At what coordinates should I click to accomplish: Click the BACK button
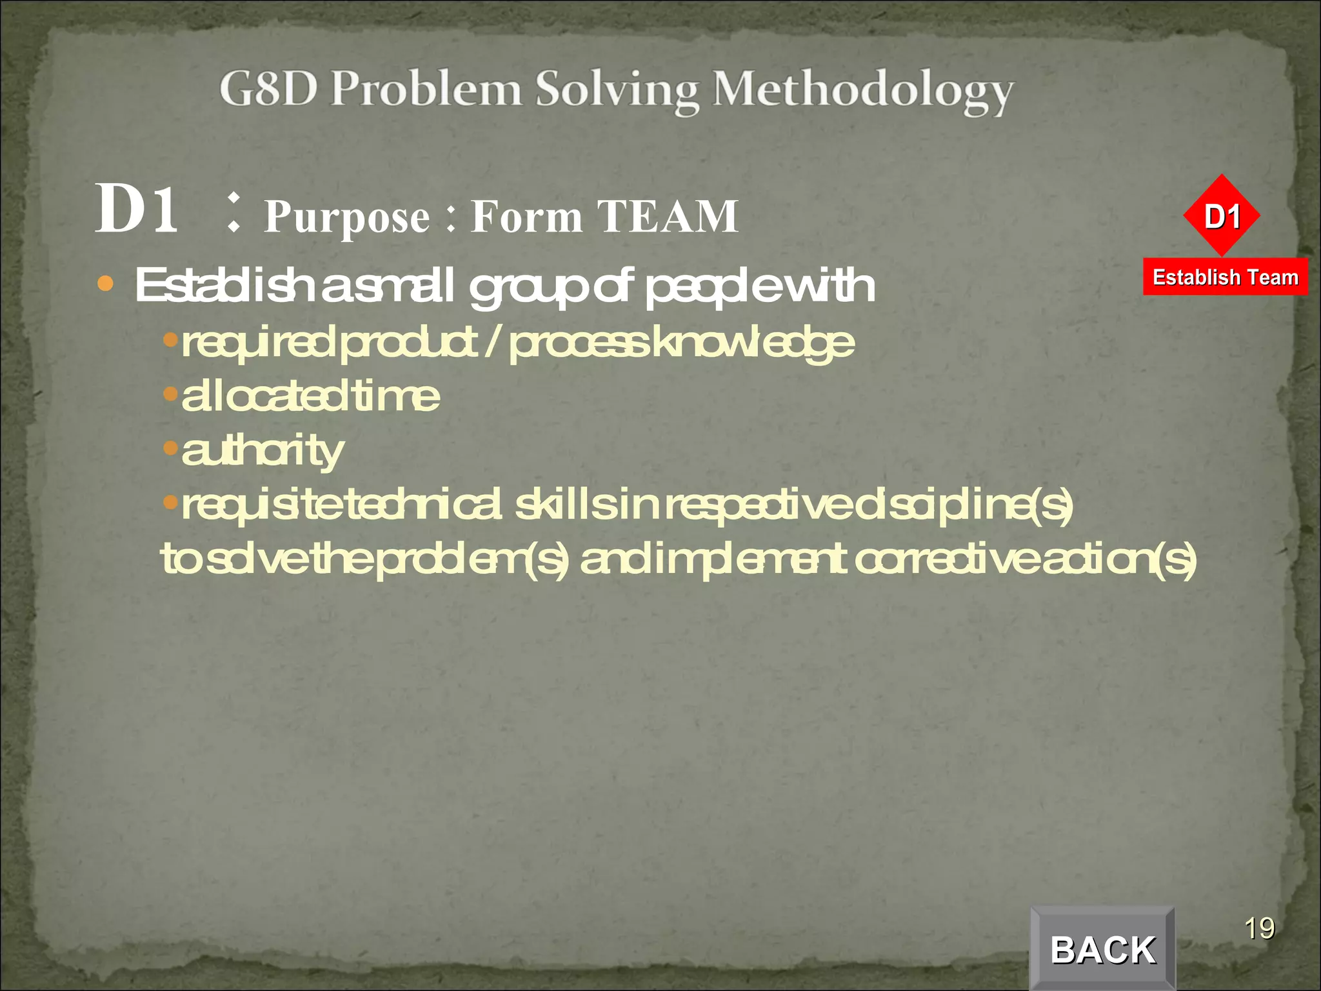1102,948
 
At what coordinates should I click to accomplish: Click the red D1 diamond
1222,215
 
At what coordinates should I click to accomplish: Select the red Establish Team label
1225,277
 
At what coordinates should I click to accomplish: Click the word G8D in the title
268,88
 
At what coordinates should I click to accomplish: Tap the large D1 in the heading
137,209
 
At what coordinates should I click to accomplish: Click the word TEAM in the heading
667,216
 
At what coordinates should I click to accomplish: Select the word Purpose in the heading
347,217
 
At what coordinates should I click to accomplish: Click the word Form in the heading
526,216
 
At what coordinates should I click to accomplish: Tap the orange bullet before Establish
105,283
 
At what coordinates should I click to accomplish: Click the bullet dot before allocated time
170,393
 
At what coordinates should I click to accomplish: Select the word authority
263,451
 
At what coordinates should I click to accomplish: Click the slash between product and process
492,342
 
